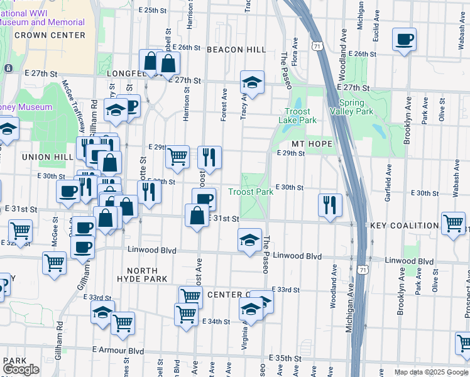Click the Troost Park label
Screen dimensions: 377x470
(251, 192)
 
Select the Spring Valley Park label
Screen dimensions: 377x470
(356, 107)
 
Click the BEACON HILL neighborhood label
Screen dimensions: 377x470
(236, 49)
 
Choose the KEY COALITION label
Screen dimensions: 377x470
(404, 226)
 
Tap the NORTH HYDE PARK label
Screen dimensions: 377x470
(141, 273)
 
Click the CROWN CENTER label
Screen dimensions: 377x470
(50, 35)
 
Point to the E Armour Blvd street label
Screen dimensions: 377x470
(118, 351)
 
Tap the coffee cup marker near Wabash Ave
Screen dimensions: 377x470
(404, 41)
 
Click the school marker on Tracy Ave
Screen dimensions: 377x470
(252, 82)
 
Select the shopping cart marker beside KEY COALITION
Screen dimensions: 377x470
(453, 224)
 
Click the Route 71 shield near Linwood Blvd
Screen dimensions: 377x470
(363, 269)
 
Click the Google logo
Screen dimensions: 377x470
(21, 369)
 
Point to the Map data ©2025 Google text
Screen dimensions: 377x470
(430, 372)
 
